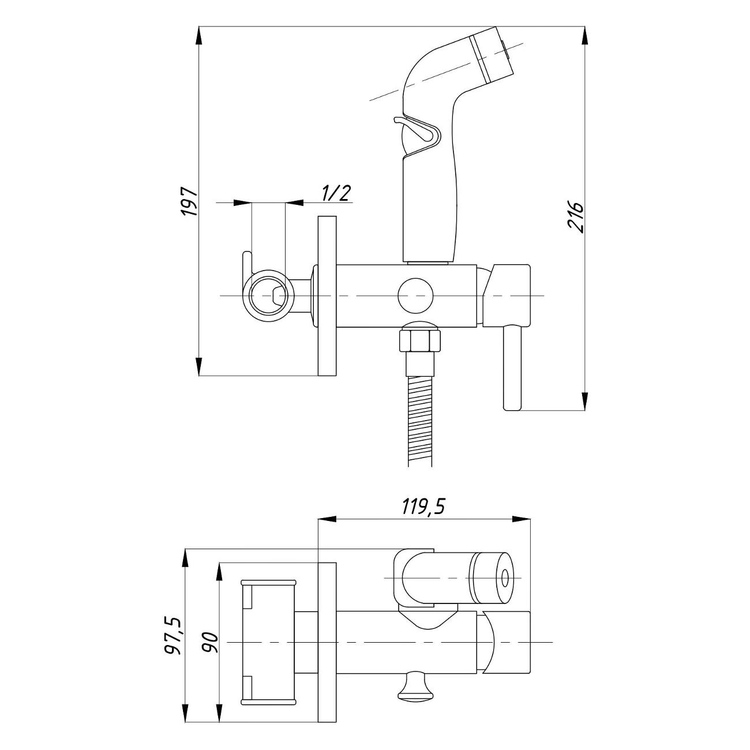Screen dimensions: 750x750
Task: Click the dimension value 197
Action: pos(190,201)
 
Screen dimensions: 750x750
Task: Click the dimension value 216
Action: pos(576,217)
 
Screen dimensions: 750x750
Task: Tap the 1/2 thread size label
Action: pos(336,193)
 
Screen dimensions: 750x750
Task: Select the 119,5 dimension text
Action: pos(424,507)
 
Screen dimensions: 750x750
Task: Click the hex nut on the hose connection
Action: pos(420,339)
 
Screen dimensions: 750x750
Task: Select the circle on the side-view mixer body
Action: pos(416,296)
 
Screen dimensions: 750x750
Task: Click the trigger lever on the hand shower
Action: pos(417,130)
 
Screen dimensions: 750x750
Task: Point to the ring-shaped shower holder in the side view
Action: pos(268,295)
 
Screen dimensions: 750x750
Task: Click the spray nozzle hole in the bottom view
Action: pos(505,578)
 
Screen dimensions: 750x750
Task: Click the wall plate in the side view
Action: pos(327,296)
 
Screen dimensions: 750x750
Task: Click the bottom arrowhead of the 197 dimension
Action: pos(199,366)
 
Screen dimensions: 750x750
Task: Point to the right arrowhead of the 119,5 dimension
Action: pos(521,519)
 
